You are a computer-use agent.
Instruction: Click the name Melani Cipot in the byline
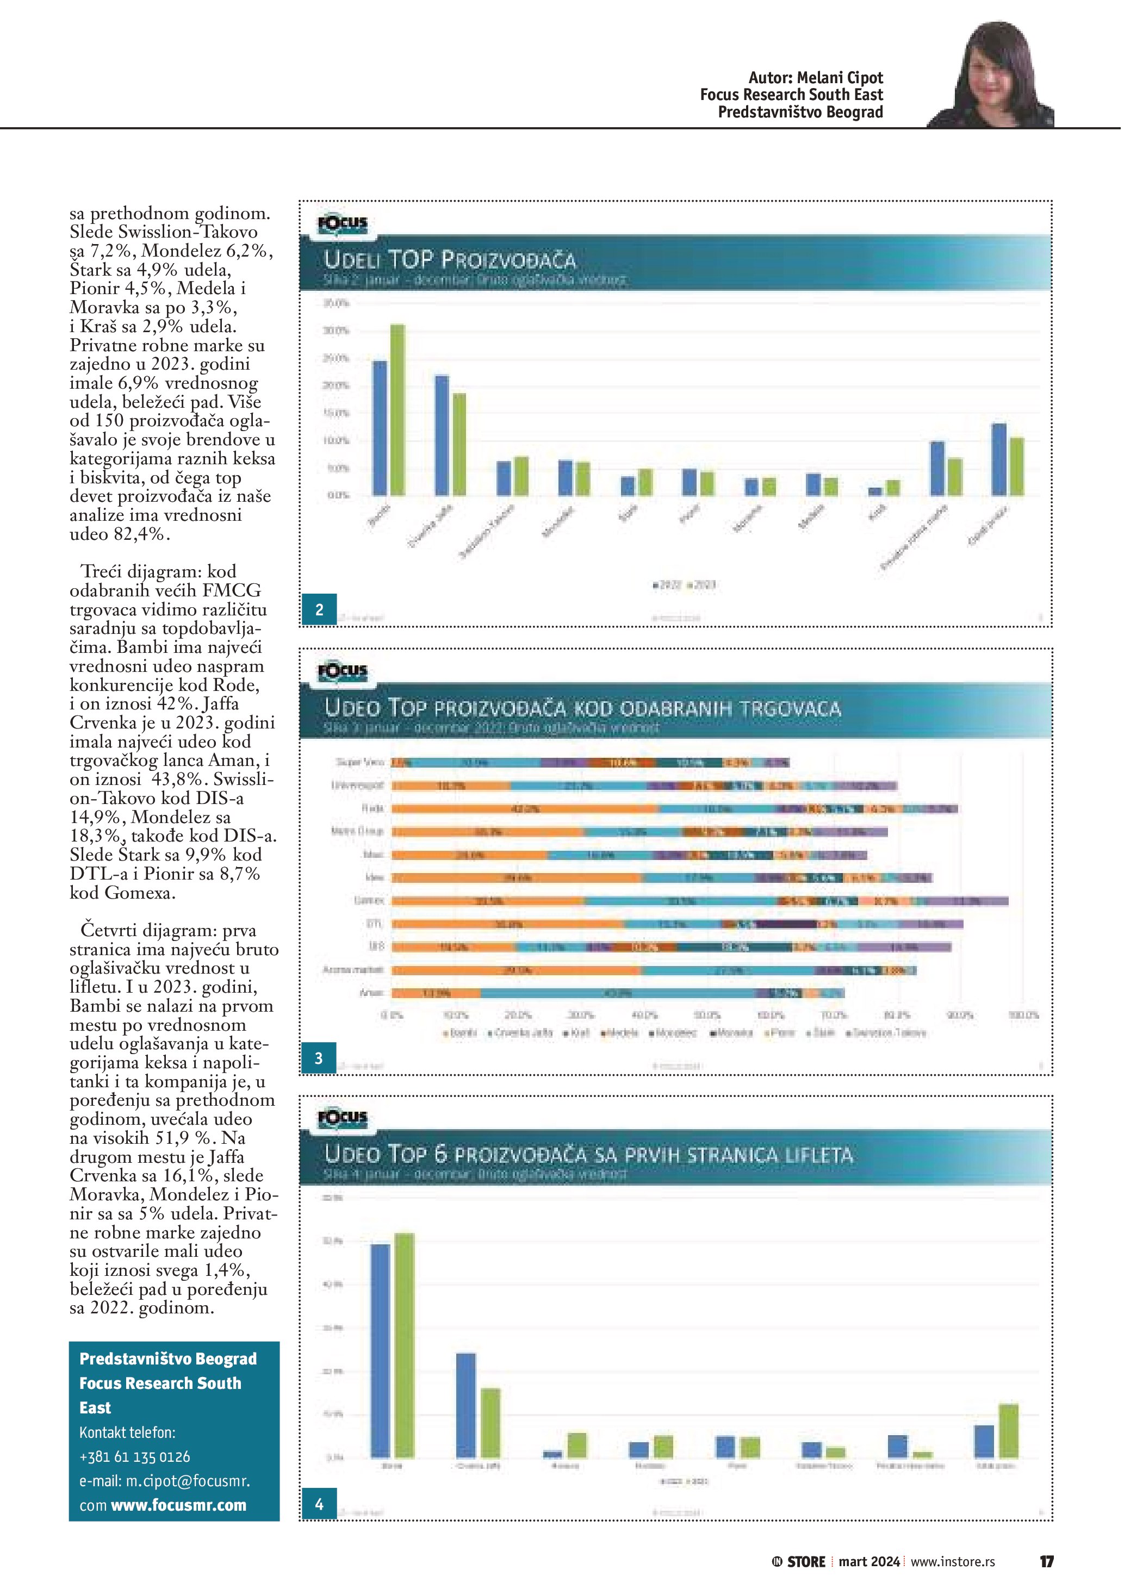[840, 78]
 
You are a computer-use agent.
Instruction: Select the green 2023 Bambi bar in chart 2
[398, 410]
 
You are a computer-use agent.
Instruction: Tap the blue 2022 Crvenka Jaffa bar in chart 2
[442, 435]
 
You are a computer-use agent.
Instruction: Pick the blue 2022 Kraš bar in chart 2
[875, 491]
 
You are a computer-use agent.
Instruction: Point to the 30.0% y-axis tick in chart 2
[337, 331]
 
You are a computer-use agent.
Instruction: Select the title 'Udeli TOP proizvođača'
[450, 260]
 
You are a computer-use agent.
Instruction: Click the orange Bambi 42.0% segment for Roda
[526, 808]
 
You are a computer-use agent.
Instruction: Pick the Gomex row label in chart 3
[369, 901]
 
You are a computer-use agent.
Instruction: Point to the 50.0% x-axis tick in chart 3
[707, 1015]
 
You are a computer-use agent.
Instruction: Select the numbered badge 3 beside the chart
[318, 1058]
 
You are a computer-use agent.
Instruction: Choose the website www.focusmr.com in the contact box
[178, 1505]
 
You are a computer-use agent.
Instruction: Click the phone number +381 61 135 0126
[135, 1456]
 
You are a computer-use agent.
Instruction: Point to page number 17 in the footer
[1046, 1561]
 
